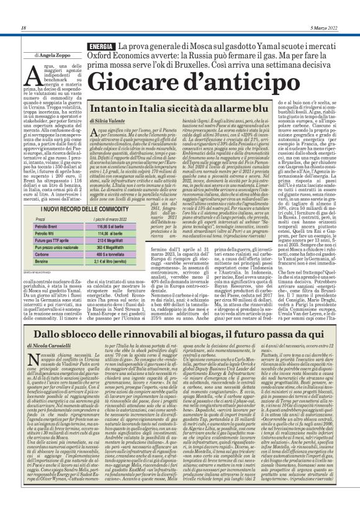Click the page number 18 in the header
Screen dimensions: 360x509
(x=24, y=27)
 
